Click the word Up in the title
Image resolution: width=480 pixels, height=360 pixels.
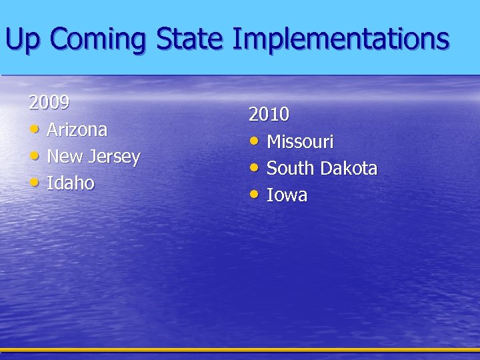pyautogui.click(x=22, y=40)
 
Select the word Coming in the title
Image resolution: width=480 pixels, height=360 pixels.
pyautogui.click(x=97, y=40)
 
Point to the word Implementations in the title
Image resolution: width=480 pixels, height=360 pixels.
pyautogui.click(x=341, y=40)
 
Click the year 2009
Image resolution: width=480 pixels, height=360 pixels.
pyautogui.click(x=49, y=103)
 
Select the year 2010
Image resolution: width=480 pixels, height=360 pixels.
pyautogui.click(x=269, y=115)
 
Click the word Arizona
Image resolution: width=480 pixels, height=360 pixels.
pyautogui.click(x=77, y=129)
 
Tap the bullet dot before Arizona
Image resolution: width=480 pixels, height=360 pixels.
pyautogui.click(x=34, y=128)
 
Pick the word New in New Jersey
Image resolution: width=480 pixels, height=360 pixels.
pyautogui.click(x=64, y=157)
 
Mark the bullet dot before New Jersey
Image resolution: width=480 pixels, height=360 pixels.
pyautogui.click(x=34, y=155)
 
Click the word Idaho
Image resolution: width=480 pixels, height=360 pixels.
pyautogui.click(x=70, y=183)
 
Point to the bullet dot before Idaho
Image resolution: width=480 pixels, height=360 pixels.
pyautogui.click(x=34, y=181)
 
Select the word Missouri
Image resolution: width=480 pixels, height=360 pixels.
pyautogui.click(x=300, y=141)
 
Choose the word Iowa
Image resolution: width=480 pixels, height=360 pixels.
pyautogui.click(x=287, y=195)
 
